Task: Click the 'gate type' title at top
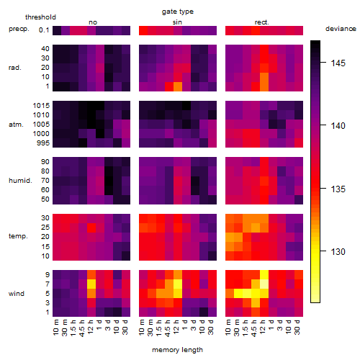coord(178,12)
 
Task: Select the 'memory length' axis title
coord(177,350)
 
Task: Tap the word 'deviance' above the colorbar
coord(341,29)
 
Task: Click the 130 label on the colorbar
coord(338,252)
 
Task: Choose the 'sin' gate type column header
coord(177,22)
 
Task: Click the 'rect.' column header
coord(261,22)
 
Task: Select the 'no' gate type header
coord(93,22)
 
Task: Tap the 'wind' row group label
coord(17,294)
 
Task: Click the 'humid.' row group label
coord(20,181)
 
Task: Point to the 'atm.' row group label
coord(16,125)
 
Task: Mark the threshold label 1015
coord(41,106)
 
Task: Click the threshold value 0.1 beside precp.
coord(44,30)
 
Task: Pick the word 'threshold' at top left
coord(40,17)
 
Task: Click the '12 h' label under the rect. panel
coord(263,327)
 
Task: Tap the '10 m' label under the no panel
coord(55,328)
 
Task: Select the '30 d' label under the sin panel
coord(211,328)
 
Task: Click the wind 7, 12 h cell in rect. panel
coord(264,284)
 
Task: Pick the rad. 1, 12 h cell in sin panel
coord(178,86)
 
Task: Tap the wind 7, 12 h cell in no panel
coord(91,284)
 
